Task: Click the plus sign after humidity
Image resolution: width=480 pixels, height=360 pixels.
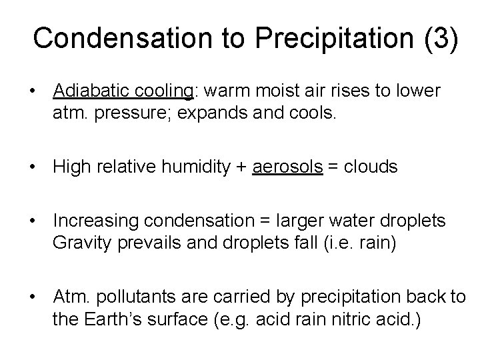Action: point(241,167)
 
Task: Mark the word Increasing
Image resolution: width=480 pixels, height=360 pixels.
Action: point(93,220)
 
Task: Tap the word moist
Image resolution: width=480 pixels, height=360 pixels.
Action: point(263,90)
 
